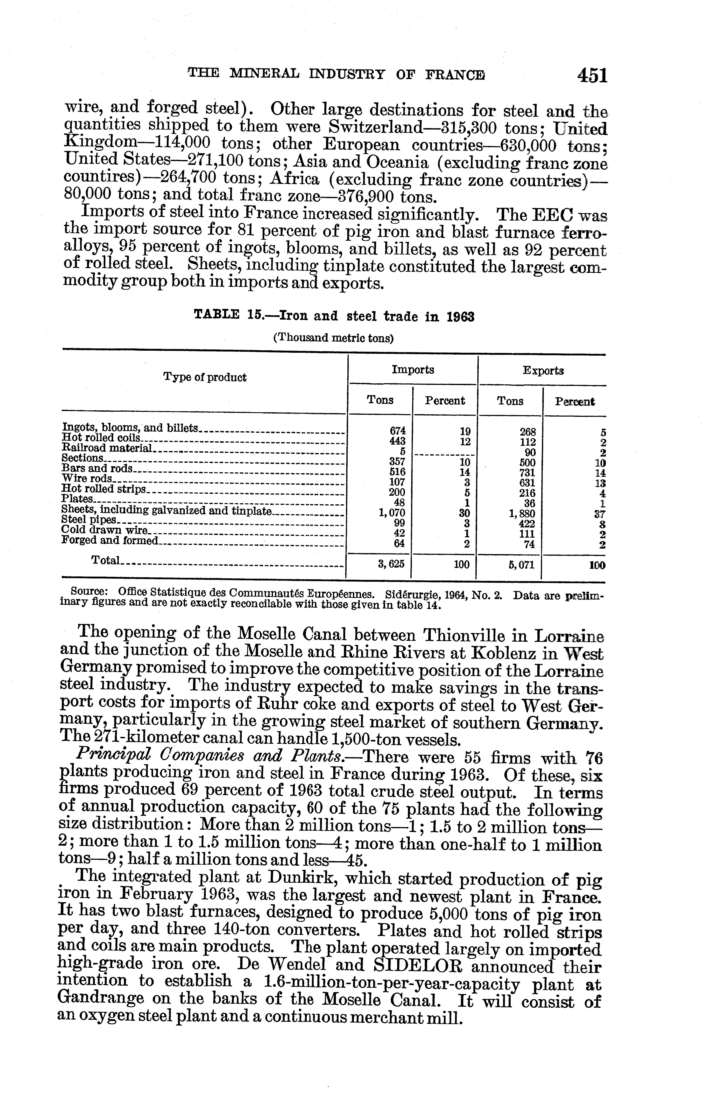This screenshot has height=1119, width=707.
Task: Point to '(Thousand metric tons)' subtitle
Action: point(333,338)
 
